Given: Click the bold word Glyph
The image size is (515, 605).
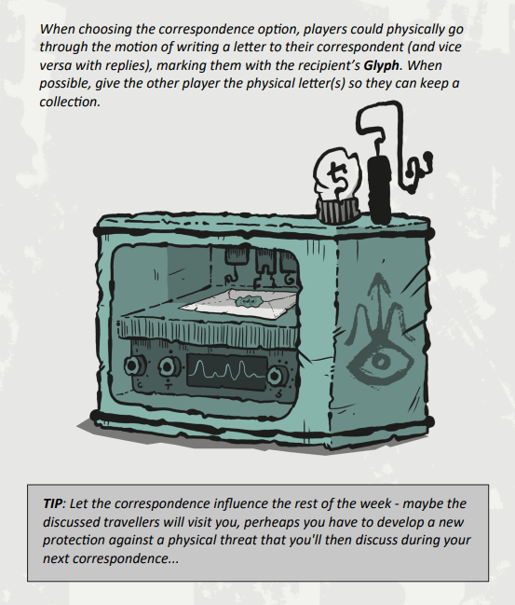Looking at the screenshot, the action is point(381,65).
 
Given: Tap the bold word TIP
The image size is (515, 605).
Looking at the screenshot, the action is point(52,503).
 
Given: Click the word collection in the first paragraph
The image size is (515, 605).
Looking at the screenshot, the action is point(70,102).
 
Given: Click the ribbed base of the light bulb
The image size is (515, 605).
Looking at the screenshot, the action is point(338,211).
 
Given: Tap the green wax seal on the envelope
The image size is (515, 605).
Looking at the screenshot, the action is point(246,300).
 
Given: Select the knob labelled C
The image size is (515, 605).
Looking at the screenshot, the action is point(134,365).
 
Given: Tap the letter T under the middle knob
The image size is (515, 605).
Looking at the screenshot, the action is point(168,385).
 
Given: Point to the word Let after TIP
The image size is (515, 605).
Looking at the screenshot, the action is point(76,503).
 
